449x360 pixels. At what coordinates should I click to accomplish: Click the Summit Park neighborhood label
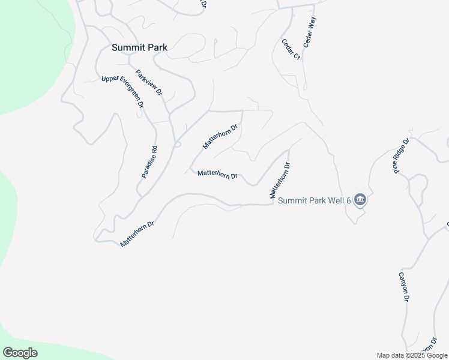[x=139, y=47]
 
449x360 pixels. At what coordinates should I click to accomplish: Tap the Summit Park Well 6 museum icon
[x=360, y=200]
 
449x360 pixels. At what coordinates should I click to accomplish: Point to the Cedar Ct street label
[x=291, y=49]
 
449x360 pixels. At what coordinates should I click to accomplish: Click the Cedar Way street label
[x=310, y=32]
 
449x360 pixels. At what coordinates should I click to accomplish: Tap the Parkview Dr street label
[x=149, y=83]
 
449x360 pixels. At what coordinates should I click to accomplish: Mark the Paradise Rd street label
[x=149, y=162]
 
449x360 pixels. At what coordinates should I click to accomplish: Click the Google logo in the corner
[x=20, y=353]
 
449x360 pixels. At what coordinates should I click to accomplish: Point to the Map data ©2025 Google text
[x=412, y=355]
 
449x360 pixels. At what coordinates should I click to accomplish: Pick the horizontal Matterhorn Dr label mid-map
[x=218, y=174]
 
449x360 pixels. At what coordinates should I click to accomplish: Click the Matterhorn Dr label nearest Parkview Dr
[x=220, y=136]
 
